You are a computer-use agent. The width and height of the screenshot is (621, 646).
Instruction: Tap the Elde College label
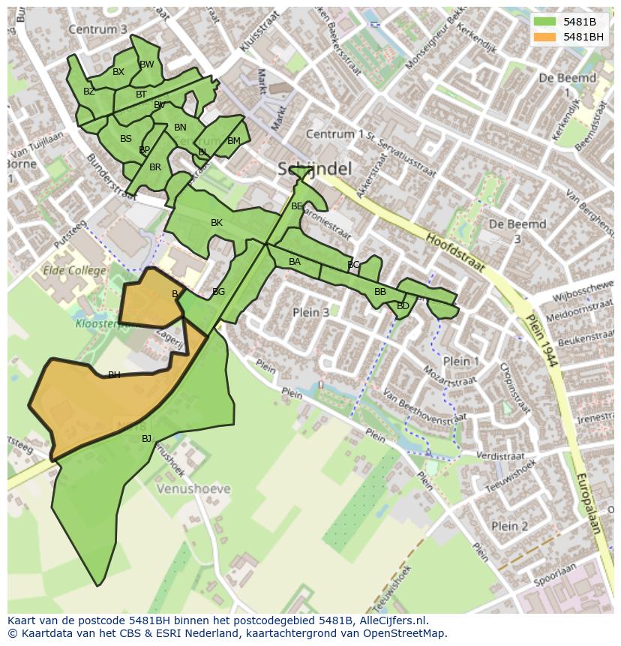(x=75, y=270)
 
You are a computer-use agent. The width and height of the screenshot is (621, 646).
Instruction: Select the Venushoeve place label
(x=193, y=489)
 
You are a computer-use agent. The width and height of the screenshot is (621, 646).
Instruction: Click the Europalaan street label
(x=589, y=503)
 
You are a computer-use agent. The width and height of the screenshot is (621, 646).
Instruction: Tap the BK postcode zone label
(x=217, y=223)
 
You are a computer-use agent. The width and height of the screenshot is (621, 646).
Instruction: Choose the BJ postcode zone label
(x=146, y=439)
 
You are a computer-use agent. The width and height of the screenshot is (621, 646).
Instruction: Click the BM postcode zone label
(x=234, y=141)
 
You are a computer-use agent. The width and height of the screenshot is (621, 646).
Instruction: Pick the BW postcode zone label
(x=147, y=65)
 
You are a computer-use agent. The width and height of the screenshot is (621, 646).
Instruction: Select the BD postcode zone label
(x=403, y=306)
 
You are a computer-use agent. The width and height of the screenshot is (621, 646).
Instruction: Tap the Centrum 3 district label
(x=97, y=29)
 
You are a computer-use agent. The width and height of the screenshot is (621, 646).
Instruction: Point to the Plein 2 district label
(x=509, y=526)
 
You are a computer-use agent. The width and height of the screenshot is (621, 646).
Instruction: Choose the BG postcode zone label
(x=218, y=292)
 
